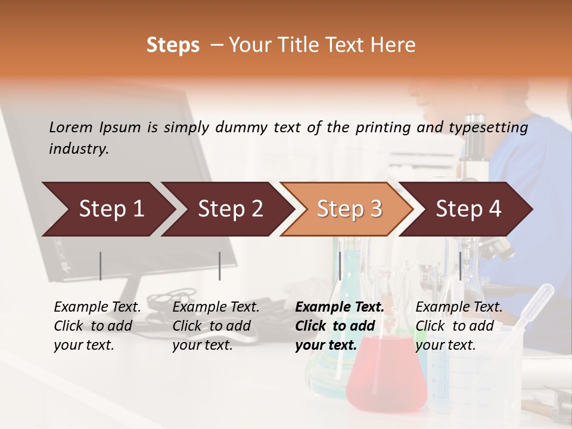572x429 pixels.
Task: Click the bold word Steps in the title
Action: (173, 45)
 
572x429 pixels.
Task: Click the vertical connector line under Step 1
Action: (100, 266)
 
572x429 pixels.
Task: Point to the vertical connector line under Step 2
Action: (220, 266)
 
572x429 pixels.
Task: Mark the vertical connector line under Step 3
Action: (340, 266)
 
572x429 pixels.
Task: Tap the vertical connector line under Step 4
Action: (460, 266)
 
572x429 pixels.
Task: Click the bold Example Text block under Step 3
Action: (340, 326)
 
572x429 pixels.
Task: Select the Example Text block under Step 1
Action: (97, 326)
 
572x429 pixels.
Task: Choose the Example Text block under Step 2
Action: (216, 326)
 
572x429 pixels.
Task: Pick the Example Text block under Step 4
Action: (459, 326)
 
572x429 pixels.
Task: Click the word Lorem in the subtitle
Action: (71, 127)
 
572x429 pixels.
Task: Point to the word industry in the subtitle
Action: (78, 149)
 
